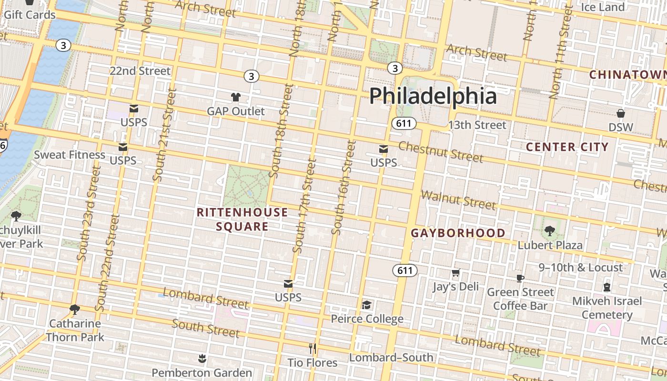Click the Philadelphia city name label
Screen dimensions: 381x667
click(x=433, y=96)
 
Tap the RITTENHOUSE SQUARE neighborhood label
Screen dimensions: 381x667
click(x=243, y=219)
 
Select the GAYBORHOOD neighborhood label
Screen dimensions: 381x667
click(x=458, y=233)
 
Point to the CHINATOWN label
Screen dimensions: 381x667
click(x=627, y=75)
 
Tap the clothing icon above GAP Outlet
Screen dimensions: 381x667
click(x=235, y=97)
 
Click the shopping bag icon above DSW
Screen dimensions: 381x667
click(x=620, y=113)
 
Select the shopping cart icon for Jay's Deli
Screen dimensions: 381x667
click(x=455, y=273)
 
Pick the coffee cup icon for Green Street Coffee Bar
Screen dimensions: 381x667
click(x=520, y=278)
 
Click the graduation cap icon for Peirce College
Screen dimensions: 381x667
click(x=366, y=305)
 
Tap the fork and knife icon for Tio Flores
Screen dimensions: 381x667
click(x=313, y=349)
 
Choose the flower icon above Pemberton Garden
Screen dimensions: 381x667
click(x=202, y=359)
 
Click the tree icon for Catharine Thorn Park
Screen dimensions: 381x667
click(x=74, y=310)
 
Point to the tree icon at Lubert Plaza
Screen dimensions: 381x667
click(x=550, y=231)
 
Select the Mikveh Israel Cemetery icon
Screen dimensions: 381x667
click(x=607, y=287)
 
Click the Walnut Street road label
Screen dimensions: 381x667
click(x=458, y=200)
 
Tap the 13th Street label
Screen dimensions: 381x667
click(x=477, y=125)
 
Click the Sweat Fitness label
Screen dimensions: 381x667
click(x=70, y=155)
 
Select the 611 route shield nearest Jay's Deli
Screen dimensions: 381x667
click(x=405, y=271)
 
